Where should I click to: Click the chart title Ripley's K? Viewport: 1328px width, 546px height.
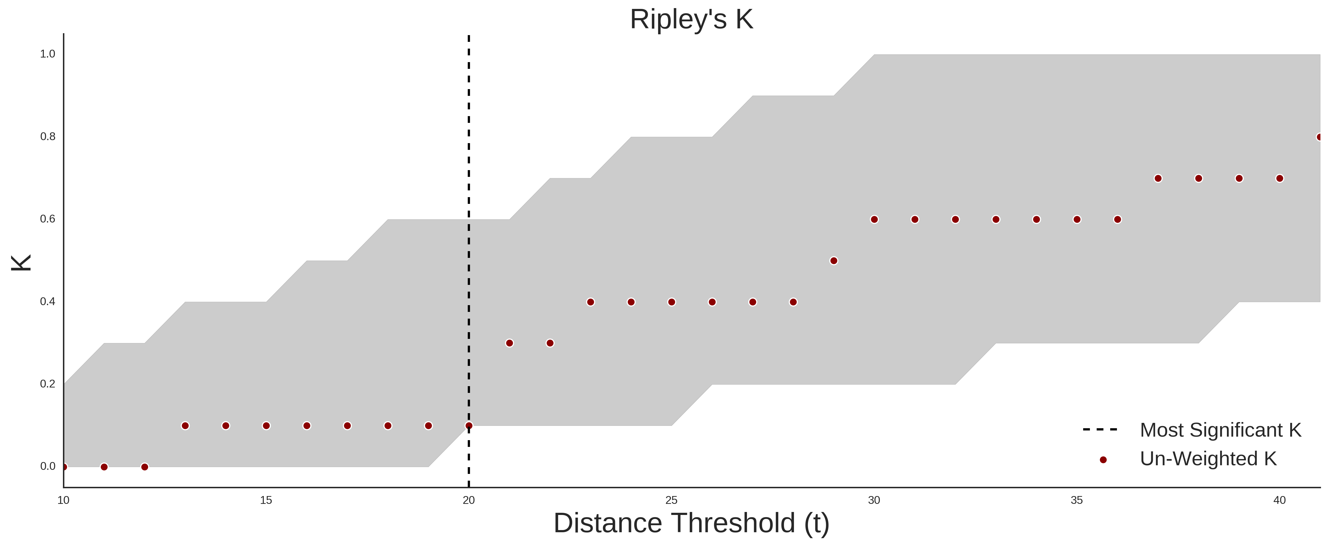(x=691, y=19)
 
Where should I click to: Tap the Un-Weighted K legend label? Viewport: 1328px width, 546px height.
(x=1208, y=459)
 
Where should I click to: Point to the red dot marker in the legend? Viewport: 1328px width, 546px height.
(x=1103, y=460)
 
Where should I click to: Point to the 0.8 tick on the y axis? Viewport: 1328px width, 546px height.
(x=48, y=137)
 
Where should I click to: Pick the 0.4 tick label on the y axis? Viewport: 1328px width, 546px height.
(x=48, y=301)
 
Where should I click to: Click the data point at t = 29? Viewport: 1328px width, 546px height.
(x=834, y=261)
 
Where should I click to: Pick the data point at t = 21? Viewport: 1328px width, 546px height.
(x=509, y=343)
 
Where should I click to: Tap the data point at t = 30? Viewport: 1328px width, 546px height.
(x=874, y=220)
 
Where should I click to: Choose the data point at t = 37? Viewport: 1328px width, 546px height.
(x=1158, y=178)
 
